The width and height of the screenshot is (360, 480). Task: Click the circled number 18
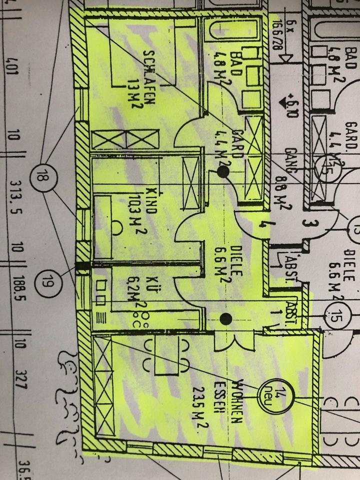click(41, 175)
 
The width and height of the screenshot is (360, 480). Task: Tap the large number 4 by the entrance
click(262, 225)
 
